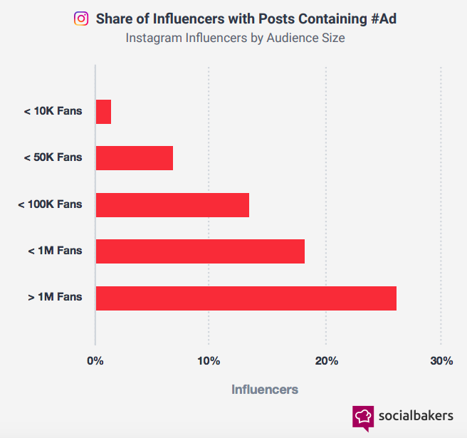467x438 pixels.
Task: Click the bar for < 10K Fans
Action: pyautogui.click(x=103, y=112)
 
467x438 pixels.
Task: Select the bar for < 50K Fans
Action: pyautogui.click(x=135, y=158)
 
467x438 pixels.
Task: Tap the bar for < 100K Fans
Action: pyautogui.click(x=172, y=204)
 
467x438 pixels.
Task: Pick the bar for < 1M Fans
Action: pyautogui.click(x=200, y=251)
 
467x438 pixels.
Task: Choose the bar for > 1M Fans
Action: pyautogui.click(x=246, y=298)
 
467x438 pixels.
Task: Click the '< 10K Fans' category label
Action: pyautogui.click(x=53, y=111)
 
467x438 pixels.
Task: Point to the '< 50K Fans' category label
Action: pyautogui.click(x=53, y=157)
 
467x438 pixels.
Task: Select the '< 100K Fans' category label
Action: pyautogui.click(x=50, y=204)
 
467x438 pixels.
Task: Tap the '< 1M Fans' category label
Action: pyautogui.click(x=55, y=251)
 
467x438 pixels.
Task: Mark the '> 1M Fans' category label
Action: pyautogui.click(x=55, y=297)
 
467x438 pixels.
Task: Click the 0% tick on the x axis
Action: pyautogui.click(x=95, y=361)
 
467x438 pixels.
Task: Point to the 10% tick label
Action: pyautogui.click(x=209, y=361)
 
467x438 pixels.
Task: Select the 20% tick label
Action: pyautogui.click(x=325, y=361)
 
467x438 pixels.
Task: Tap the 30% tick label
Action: pyautogui.click(x=441, y=361)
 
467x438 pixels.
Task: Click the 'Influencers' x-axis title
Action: pyautogui.click(x=265, y=390)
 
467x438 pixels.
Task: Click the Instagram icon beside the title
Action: pyautogui.click(x=81, y=19)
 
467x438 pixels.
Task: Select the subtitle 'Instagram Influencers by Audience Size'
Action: pyautogui.click(x=235, y=38)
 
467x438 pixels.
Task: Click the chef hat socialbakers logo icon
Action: pyautogui.click(x=363, y=417)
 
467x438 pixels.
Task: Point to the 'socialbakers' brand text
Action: pyautogui.click(x=416, y=416)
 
